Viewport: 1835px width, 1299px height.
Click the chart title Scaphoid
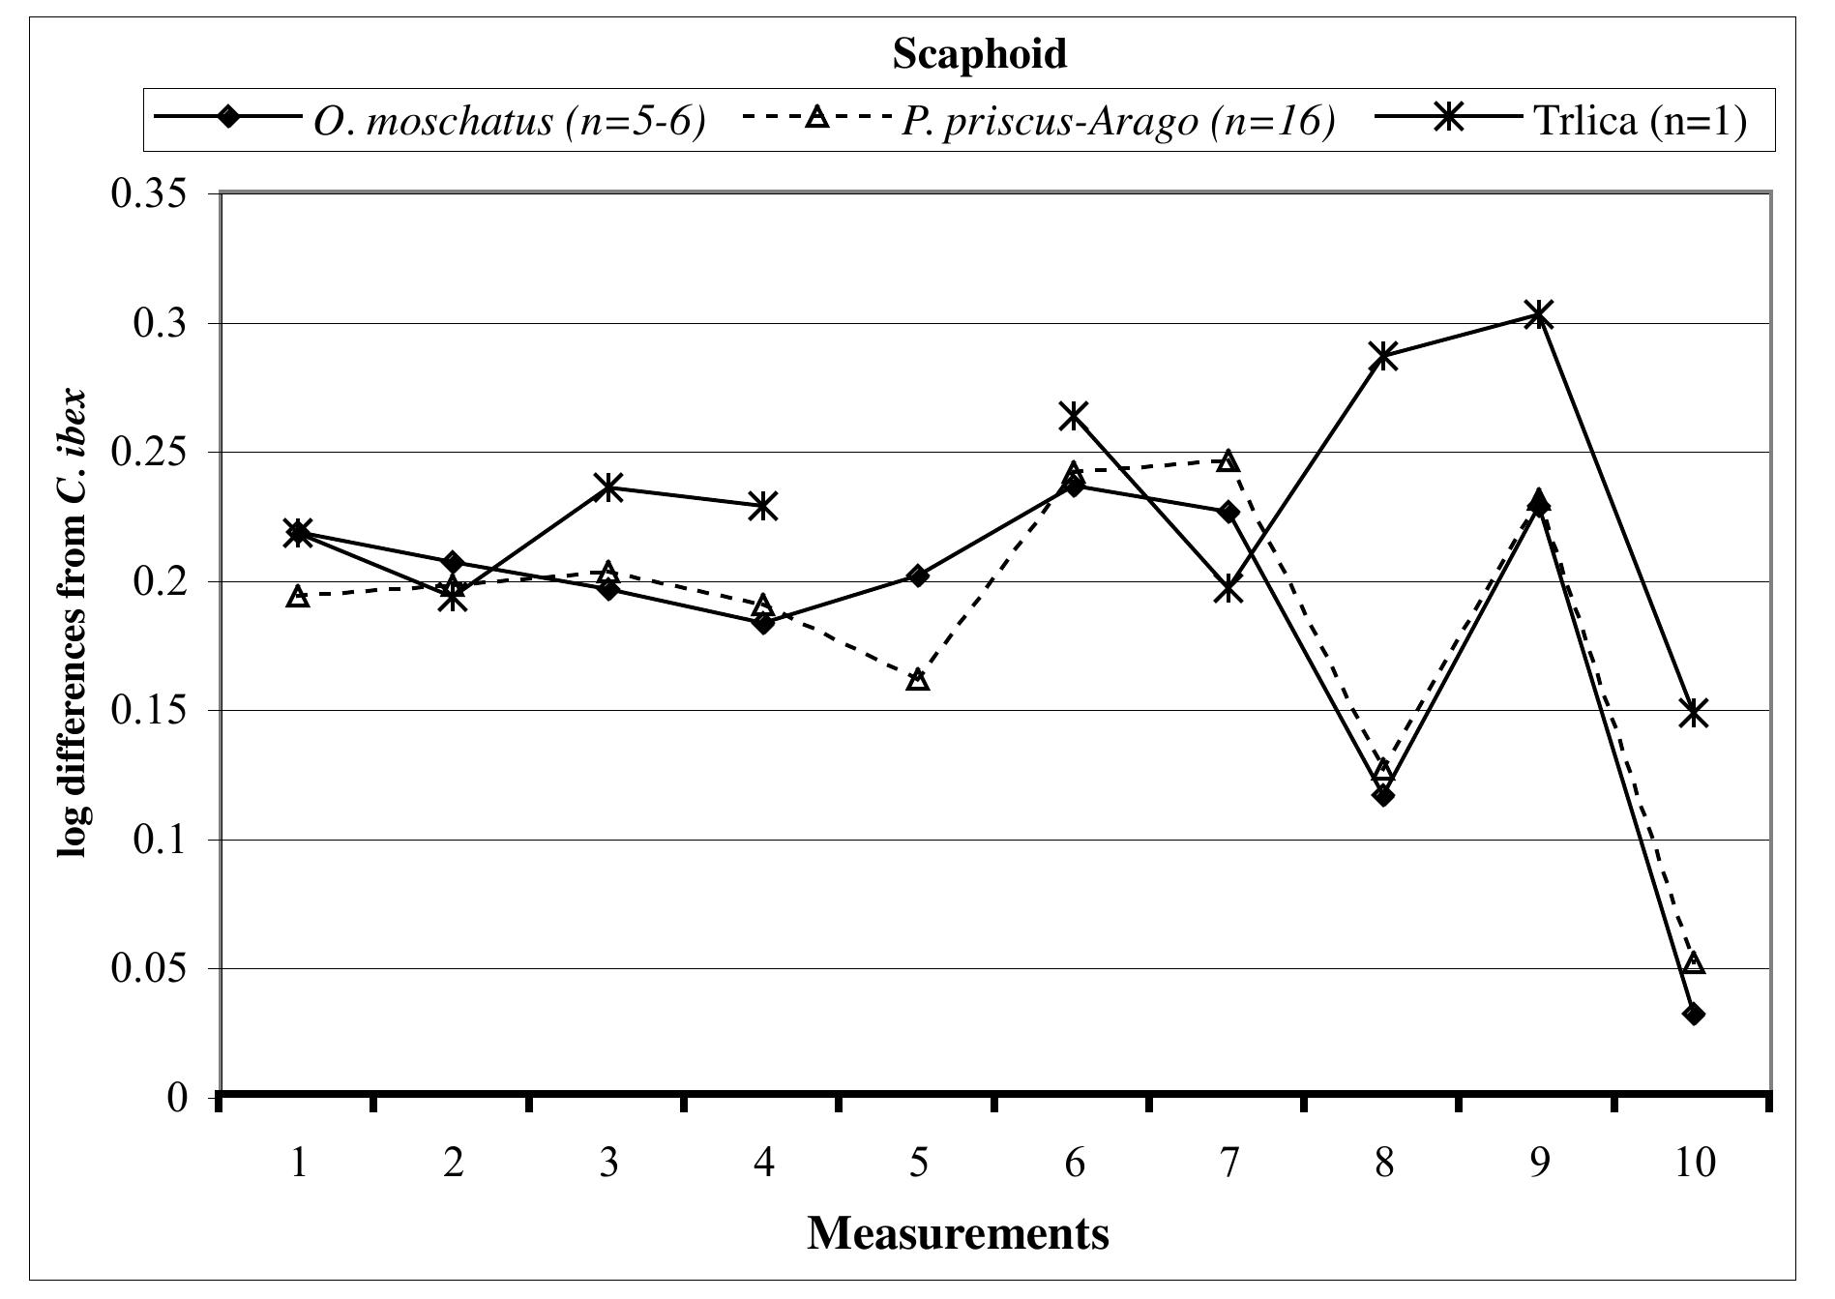click(x=979, y=54)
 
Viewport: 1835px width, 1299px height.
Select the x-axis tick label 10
click(x=1693, y=1162)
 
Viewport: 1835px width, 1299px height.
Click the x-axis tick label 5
click(x=918, y=1162)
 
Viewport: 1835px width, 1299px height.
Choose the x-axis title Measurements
click(x=958, y=1233)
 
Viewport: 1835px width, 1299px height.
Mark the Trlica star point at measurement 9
click(x=1538, y=313)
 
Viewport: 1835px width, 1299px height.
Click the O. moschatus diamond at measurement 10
click(x=1694, y=1014)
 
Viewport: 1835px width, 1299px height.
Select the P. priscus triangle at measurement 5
click(x=918, y=680)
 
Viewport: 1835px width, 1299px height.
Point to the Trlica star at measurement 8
click(x=1383, y=355)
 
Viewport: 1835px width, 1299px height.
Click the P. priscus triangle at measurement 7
click(x=1228, y=459)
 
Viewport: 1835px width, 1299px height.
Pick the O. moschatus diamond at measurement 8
click(x=1383, y=795)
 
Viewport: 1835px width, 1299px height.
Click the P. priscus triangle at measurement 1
click(x=299, y=596)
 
